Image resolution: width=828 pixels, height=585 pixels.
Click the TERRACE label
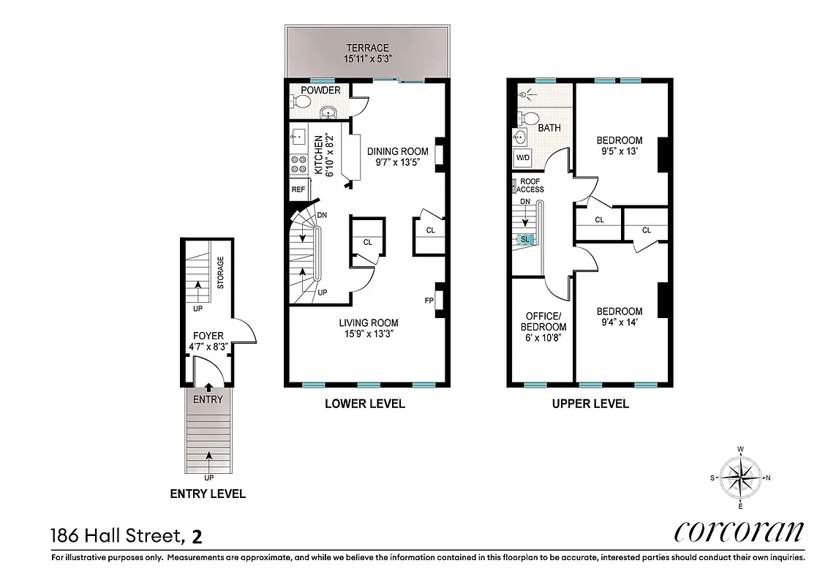367,48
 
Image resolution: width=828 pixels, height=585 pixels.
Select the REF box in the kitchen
298,189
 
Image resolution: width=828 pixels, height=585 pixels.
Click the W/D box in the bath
523,157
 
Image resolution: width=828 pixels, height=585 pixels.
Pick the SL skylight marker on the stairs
524,239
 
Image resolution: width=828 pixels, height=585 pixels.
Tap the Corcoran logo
739,532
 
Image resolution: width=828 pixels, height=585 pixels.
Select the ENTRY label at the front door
208,399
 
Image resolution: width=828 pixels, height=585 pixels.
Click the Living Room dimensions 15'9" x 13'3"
368,334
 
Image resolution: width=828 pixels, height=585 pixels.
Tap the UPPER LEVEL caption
590,404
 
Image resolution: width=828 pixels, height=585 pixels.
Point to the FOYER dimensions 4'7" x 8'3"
208,347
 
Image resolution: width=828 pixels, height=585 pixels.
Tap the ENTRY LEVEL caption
208,494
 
